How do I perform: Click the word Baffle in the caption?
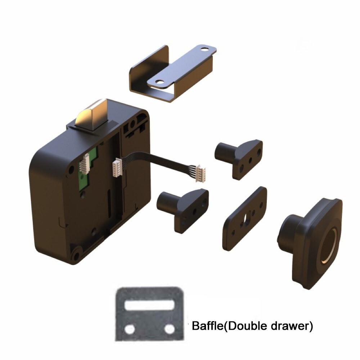[x=206, y=326]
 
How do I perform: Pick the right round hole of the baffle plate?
[x=169, y=329]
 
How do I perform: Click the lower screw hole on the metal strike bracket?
[x=157, y=82]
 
